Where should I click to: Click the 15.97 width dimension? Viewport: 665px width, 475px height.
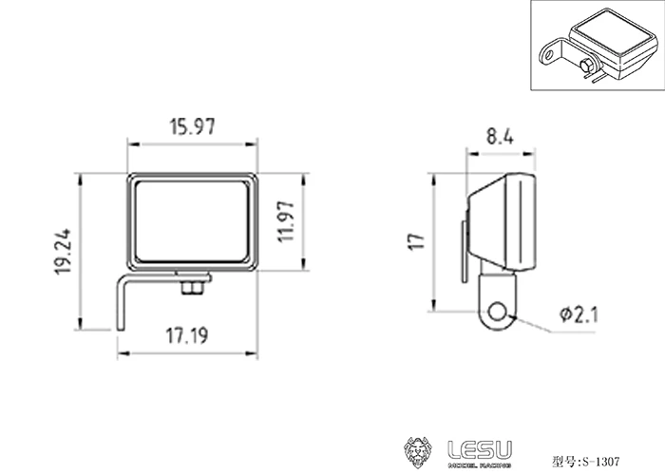pos(193,129)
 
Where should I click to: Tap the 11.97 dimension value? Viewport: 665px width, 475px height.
pos(288,222)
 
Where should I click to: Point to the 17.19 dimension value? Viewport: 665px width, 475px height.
pos(189,335)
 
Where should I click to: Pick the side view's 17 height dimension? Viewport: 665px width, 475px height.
pos(415,241)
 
